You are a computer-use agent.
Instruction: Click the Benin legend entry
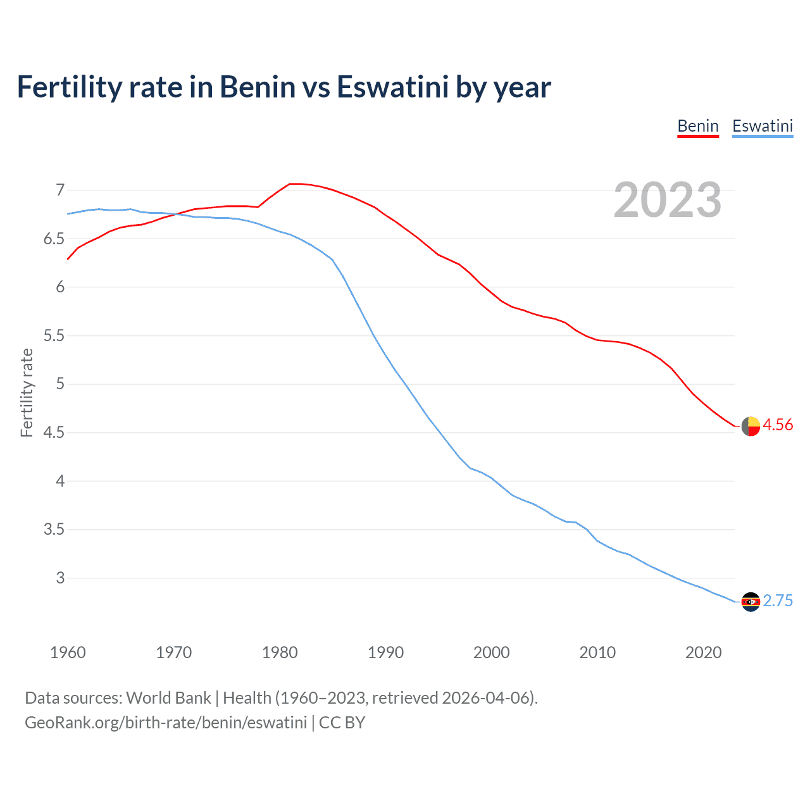click(697, 126)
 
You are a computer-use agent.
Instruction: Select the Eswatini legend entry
click(762, 126)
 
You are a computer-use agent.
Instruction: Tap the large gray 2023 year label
click(667, 200)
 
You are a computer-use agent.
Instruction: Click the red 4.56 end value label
click(778, 425)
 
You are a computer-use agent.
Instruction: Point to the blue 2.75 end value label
click(778, 601)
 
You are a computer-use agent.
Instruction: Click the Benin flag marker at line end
click(751, 427)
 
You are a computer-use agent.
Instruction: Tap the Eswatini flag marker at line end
click(751, 602)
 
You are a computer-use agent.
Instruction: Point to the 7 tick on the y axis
click(60, 190)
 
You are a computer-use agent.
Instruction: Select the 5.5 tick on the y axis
click(54, 335)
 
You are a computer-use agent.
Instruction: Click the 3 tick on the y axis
click(60, 578)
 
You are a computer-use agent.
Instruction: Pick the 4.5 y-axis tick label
click(54, 433)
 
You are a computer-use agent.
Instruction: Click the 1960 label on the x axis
click(68, 652)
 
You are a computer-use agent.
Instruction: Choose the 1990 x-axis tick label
click(385, 652)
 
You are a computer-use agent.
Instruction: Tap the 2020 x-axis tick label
click(703, 652)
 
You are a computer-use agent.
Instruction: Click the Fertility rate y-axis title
click(27, 392)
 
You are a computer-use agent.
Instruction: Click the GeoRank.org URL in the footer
click(166, 723)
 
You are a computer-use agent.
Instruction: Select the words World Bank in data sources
click(168, 698)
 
